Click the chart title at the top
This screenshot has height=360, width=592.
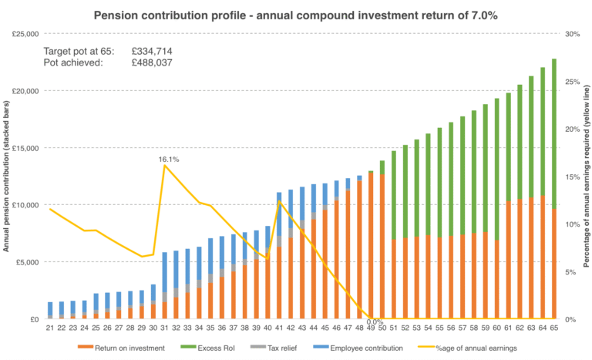click(296, 15)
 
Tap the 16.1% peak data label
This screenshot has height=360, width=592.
click(168, 160)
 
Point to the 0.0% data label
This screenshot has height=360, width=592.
click(375, 322)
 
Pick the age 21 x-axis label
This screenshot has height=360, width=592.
click(50, 329)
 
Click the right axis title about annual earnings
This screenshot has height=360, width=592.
click(586, 177)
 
